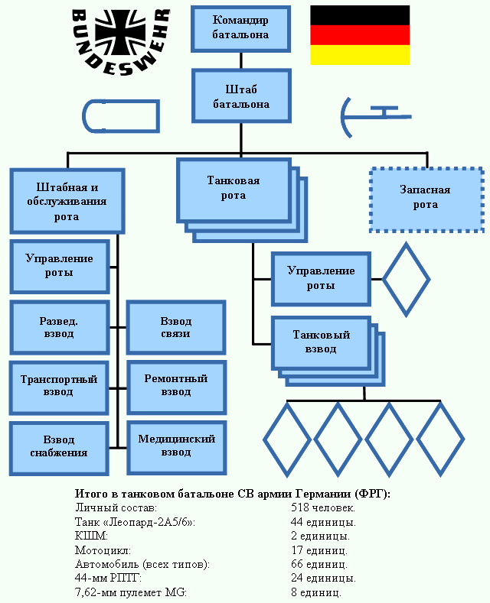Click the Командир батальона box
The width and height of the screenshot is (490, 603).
[241, 28]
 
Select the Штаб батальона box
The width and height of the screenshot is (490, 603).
[241, 96]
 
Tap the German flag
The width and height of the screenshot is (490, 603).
[360, 35]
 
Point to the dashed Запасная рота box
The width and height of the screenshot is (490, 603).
[426, 199]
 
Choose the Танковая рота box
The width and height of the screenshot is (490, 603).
[234, 189]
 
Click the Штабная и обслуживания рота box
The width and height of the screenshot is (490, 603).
[67, 201]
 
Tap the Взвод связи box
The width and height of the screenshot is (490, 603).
[176, 327]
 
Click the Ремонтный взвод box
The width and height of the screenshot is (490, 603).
[176, 384]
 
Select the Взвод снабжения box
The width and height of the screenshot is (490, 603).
[59, 446]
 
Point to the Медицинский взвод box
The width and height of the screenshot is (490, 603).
[176, 446]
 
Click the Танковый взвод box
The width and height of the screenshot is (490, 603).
[322, 342]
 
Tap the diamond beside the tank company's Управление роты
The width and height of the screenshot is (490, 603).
[406, 279]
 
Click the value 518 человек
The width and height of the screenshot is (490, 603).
[323, 507]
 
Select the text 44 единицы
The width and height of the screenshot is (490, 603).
[323, 522]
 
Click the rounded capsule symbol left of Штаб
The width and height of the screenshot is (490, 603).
[120, 116]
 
